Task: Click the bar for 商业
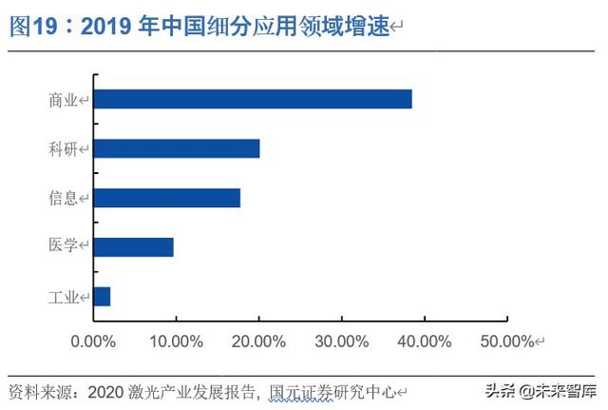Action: tap(253, 99)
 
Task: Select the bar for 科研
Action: tap(177, 148)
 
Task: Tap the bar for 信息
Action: tap(167, 198)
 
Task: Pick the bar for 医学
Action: tap(134, 247)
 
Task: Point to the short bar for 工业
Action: tap(103, 297)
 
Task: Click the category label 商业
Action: tap(64, 99)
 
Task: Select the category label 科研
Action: tap(64, 148)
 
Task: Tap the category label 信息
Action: tap(64, 198)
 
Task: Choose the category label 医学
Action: tap(64, 247)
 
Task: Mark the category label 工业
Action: tap(64, 297)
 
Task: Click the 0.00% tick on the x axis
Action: tap(93, 341)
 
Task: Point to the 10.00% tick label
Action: tap(176, 341)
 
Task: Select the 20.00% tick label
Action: tap(258, 341)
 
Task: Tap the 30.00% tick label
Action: tap(341, 341)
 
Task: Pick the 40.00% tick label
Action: tap(424, 341)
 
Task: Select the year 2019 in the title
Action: tap(109, 27)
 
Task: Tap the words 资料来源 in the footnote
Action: tap(38, 391)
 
